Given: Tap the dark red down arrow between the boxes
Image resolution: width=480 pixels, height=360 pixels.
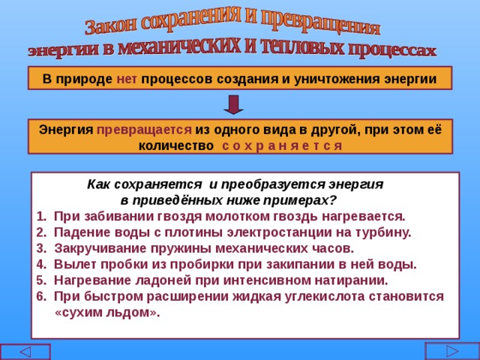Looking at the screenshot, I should coord(233,104).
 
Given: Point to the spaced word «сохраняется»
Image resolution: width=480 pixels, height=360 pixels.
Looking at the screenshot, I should coord(282,145).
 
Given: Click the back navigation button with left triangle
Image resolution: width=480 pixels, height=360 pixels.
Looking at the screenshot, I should coord(25,352).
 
